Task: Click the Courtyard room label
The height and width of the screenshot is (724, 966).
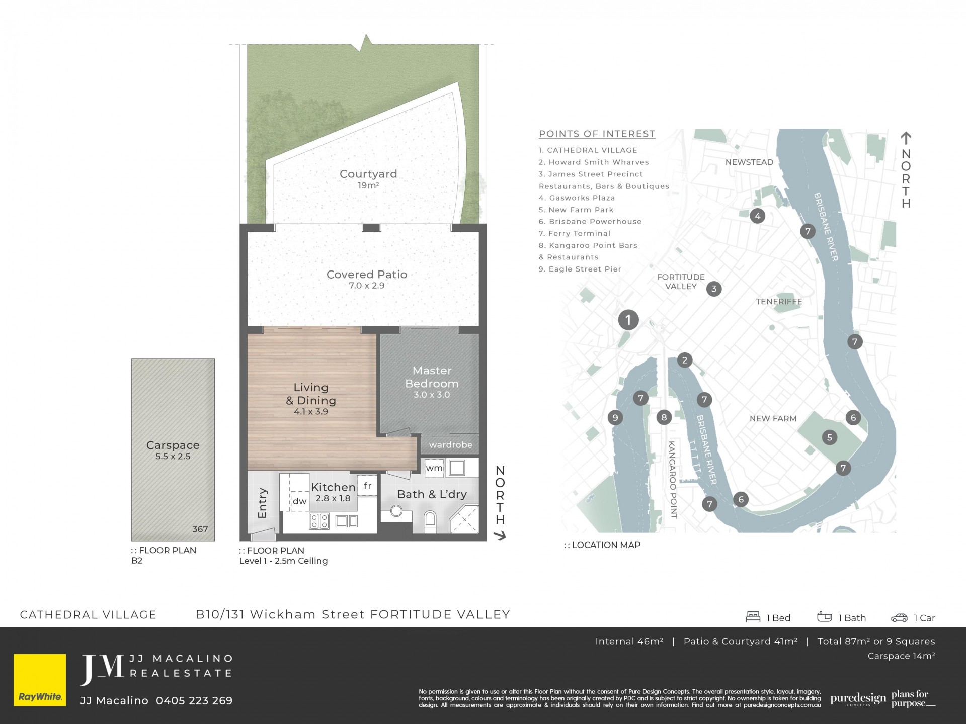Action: pos(368,174)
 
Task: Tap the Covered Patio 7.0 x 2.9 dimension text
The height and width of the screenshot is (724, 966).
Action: pos(367,286)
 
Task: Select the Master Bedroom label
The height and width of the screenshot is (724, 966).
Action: pos(432,377)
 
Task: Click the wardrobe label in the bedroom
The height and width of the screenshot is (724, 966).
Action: pos(451,445)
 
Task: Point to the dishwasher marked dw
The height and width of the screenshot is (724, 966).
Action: pos(300,501)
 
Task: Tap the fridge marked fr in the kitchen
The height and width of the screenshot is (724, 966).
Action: pos(367,486)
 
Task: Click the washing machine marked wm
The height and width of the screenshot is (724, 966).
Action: pos(434,468)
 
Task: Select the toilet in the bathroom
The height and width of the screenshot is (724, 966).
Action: pos(430,521)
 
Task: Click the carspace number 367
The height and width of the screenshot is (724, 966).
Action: pos(200,529)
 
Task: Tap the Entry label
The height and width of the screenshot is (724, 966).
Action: pos(262,503)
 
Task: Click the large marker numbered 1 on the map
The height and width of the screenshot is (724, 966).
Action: pos(628,320)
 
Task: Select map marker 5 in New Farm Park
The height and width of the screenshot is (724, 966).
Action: pos(830,437)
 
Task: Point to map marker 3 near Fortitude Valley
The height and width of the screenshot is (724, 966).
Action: pos(714,289)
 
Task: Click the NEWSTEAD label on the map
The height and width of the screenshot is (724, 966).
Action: pos(749,162)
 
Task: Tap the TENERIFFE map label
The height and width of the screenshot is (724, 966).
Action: pos(779,302)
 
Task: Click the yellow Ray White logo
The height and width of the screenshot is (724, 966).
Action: pos(40,680)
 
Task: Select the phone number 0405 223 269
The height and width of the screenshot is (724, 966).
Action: pos(194,701)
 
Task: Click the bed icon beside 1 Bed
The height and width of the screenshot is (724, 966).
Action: pos(753,617)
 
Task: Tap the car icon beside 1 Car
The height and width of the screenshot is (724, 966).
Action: pos(899,618)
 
